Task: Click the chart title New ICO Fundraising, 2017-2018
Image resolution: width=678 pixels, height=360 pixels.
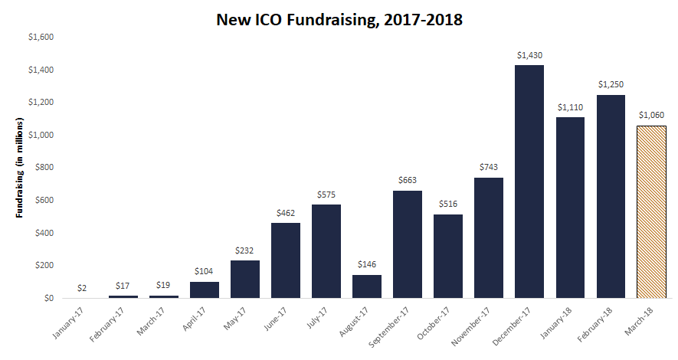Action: pos(339,20)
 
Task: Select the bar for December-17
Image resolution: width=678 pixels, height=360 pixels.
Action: pos(529,182)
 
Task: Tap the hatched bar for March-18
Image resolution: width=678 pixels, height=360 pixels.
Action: pos(651,211)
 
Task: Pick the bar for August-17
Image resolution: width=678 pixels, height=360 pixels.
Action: pos(367,286)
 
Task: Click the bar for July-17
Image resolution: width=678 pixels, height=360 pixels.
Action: pos(326,251)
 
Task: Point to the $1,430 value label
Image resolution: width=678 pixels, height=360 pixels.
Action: pos(529,55)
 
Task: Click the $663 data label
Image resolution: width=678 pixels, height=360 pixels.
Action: pos(408,180)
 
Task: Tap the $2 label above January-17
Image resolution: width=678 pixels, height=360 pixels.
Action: pos(83,288)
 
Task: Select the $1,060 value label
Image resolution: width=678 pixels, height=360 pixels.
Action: pos(651,116)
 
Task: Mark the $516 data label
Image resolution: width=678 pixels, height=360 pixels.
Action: pos(448,204)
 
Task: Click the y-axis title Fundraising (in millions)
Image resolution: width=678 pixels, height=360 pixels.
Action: pos(21,168)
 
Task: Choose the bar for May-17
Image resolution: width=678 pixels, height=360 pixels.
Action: pos(245,279)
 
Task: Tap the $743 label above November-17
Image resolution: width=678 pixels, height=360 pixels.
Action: pos(489,167)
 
